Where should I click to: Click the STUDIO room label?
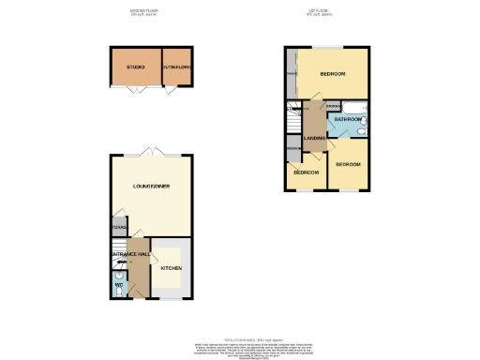[135, 67]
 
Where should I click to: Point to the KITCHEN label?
[171, 268]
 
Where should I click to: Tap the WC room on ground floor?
[118, 286]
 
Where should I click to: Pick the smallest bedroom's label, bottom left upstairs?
[306, 172]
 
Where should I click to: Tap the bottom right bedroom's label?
[350, 165]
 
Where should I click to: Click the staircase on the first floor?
[292, 123]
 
